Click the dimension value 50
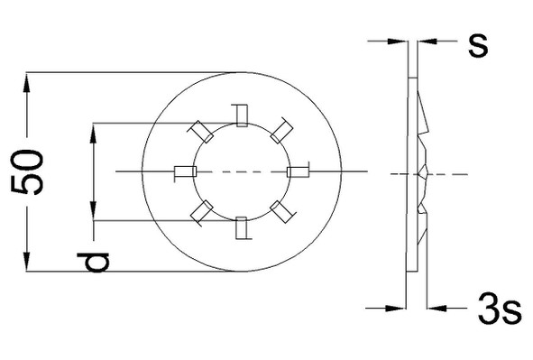coord(28,172)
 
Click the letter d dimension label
coord(93,262)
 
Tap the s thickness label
coord(478,45)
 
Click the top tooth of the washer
coord(242,115)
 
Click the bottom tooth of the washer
coord(242,228)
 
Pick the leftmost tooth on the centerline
coord(185,171)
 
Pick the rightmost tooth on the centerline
coord(299,171)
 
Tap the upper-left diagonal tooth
coord(201,132)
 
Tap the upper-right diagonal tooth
coord(281,131)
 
